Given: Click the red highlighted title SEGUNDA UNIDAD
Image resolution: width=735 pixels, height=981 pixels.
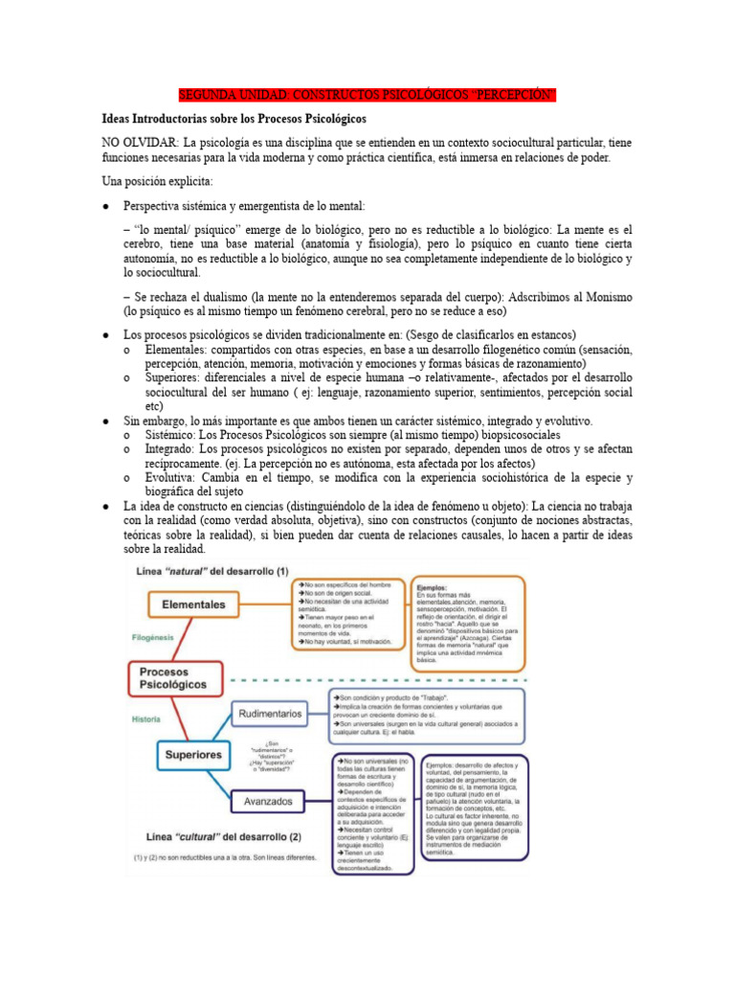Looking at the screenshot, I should pos(367,95).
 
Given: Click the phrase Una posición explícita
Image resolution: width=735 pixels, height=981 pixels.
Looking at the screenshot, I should pos(158,181).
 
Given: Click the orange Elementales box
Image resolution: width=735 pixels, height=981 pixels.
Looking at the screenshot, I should pos(193,605).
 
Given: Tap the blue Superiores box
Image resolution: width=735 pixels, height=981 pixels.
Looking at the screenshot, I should pos(194,755).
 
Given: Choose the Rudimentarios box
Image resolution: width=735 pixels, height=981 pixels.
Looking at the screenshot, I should pos(273,713).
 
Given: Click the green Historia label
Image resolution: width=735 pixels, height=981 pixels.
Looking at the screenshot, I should pos(145,719).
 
